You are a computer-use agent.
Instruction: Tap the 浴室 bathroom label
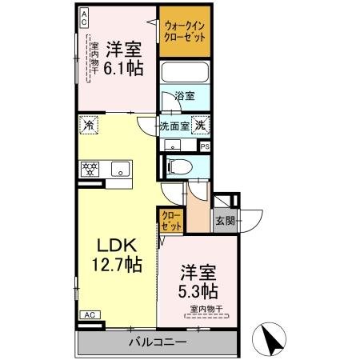click(186, 96)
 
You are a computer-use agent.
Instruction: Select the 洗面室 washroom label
click(174, 125)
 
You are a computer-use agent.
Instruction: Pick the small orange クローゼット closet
click(171, 221)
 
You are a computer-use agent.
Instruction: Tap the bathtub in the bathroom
click(186, 73)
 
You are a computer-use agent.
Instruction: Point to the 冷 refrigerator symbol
click(88, 125)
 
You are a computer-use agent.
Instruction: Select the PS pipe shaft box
click(205, 146)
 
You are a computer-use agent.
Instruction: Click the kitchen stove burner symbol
click(89, 169)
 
